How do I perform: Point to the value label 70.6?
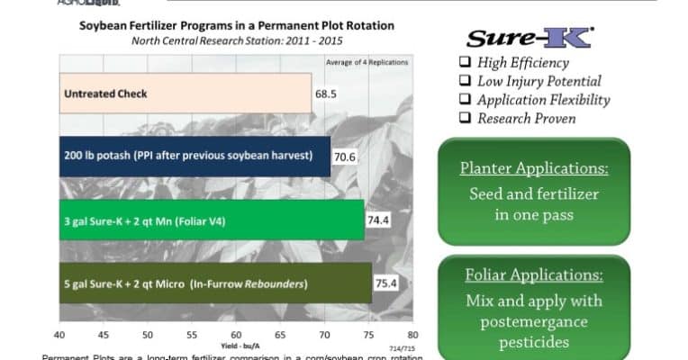click(346, 157)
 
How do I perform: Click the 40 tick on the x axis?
click(59, 334)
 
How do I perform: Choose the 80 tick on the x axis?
click(412, 334)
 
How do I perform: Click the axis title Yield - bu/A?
click(236, 345)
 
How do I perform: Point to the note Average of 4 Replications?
click(366, 61)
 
